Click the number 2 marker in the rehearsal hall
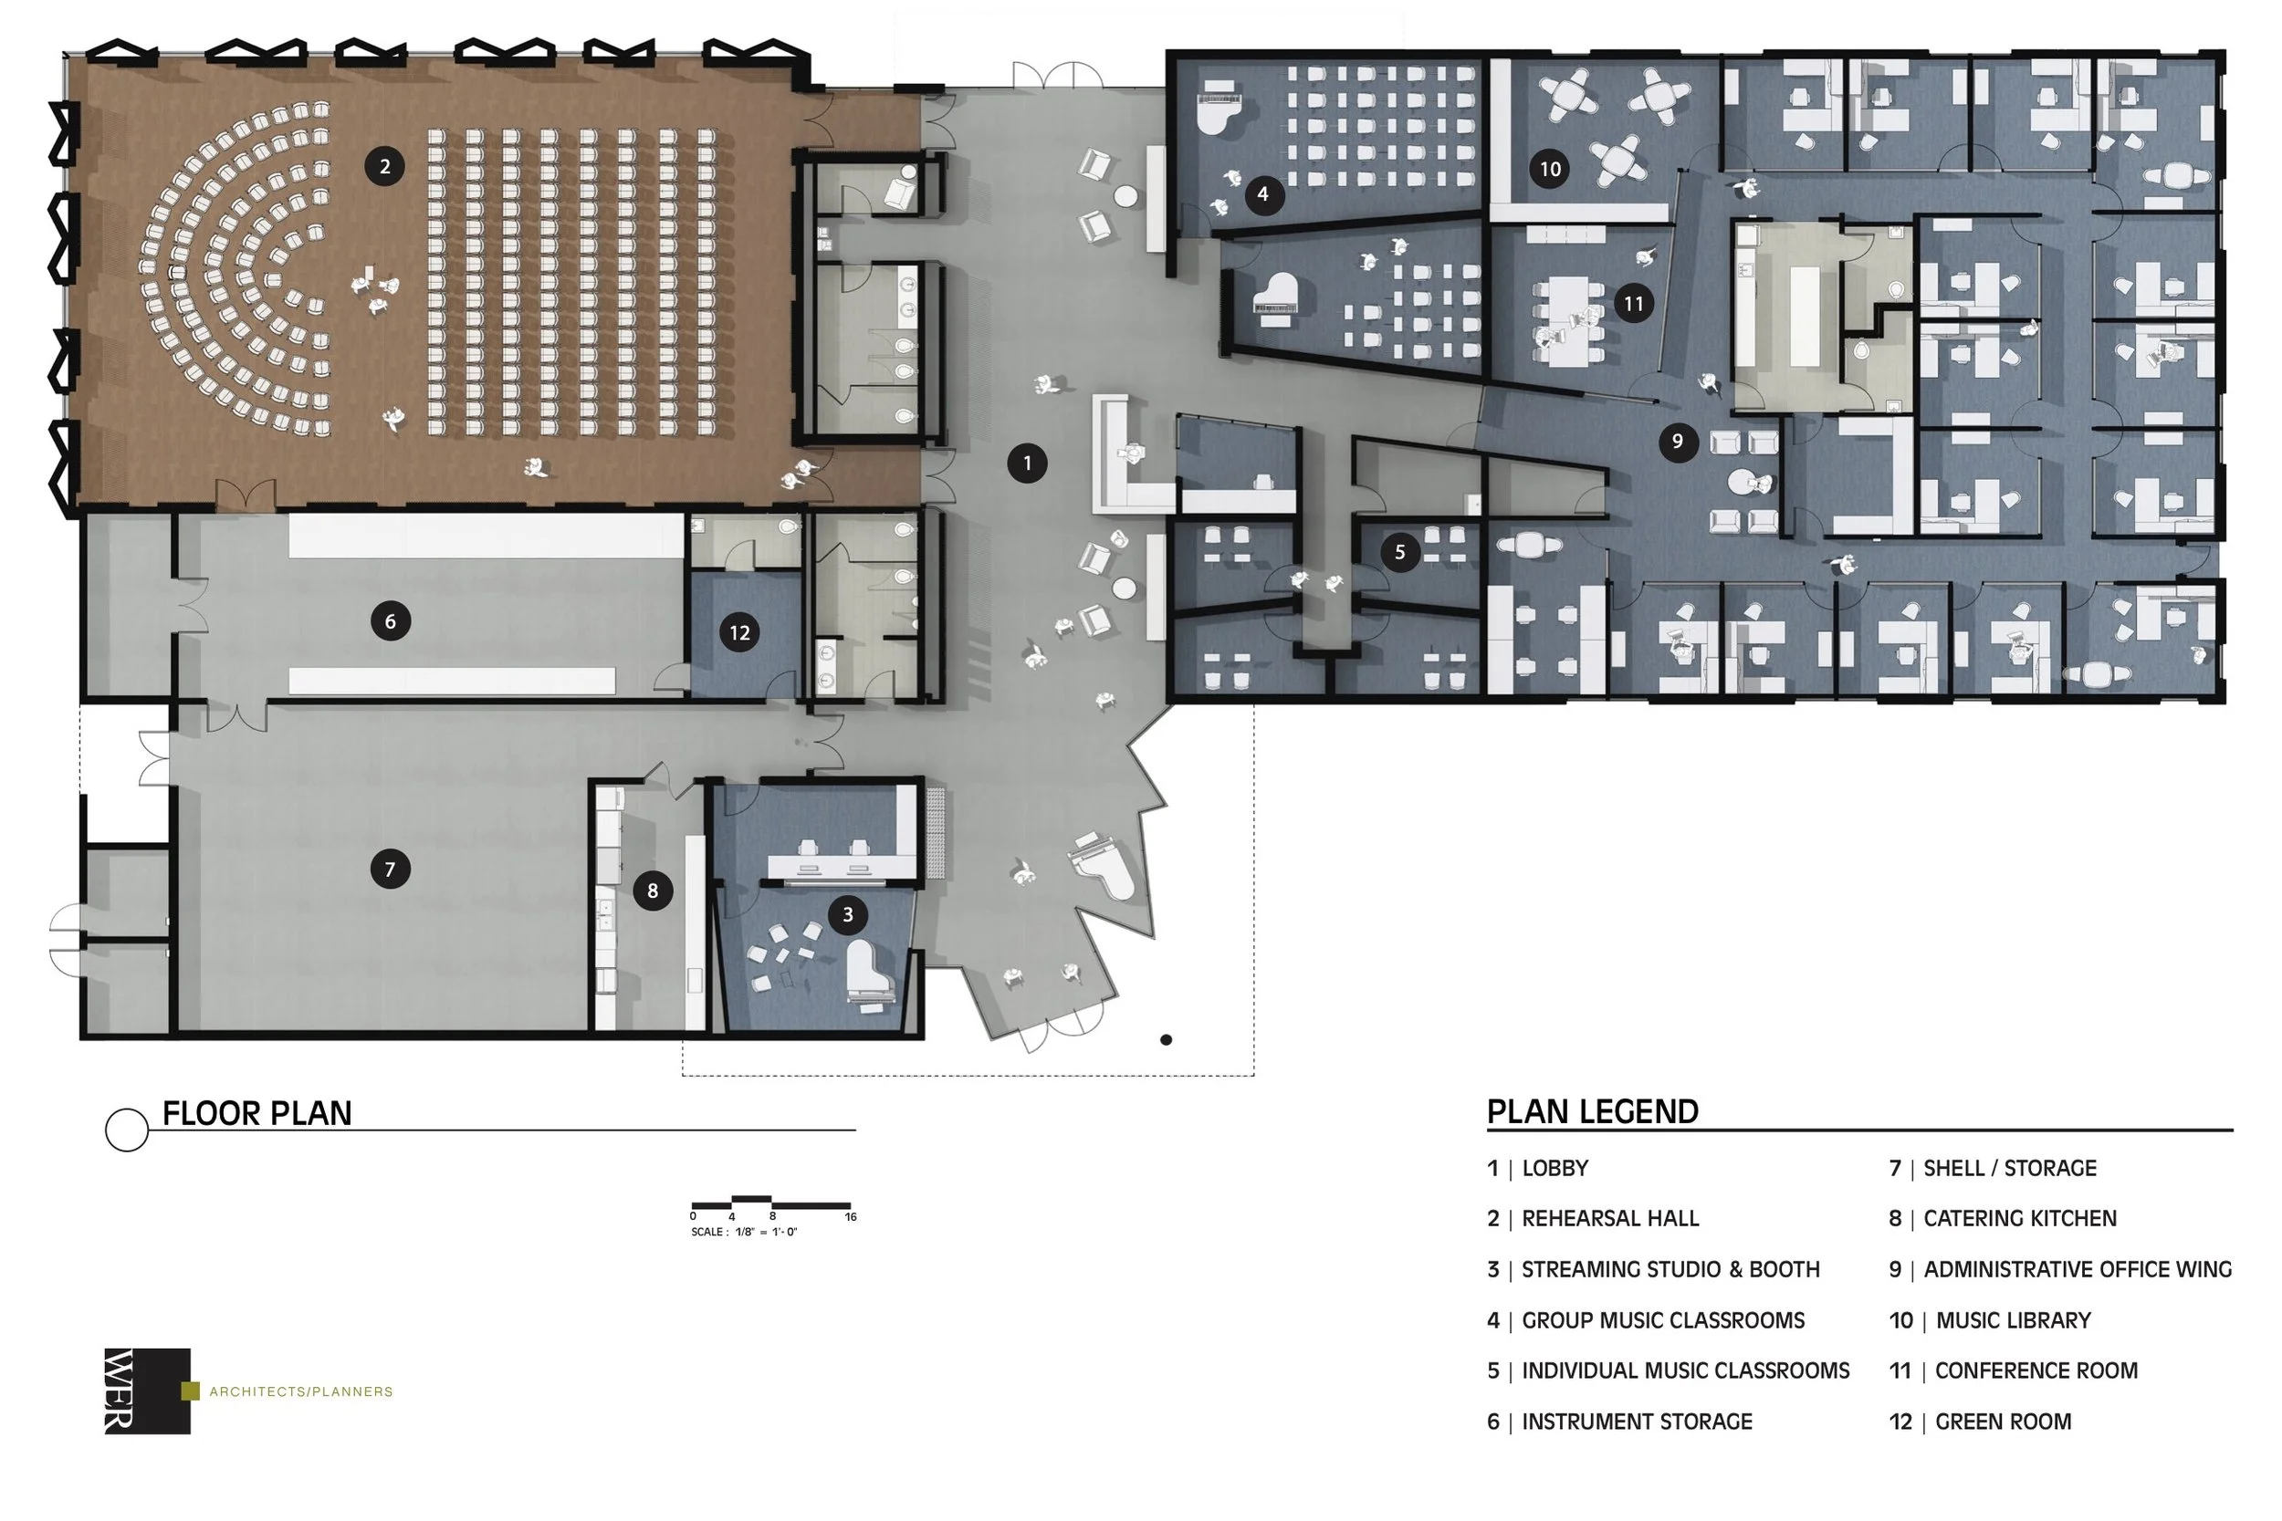pos(385,166)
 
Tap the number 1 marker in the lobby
pos(1028,463)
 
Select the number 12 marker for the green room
pos(739,632)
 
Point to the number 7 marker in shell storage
pos(390,870)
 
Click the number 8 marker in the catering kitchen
pos(653,891)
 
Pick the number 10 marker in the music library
pos(1551,169)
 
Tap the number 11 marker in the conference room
pos(1634,304)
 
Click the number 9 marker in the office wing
pos(1678,442)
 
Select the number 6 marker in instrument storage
pos(390,620)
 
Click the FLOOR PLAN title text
pos(257,1113)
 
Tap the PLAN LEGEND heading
pos(1593,1111)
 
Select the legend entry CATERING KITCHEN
pos(2020,1218)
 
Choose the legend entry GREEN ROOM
pos(2004,1422)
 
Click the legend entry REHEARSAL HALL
pos(1610,1218)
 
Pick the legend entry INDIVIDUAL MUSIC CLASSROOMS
pos(1685,1370)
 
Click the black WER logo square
pos(148,1391)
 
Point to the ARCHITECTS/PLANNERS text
pos(301,1392)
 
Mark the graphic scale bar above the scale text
pos(771,1203)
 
